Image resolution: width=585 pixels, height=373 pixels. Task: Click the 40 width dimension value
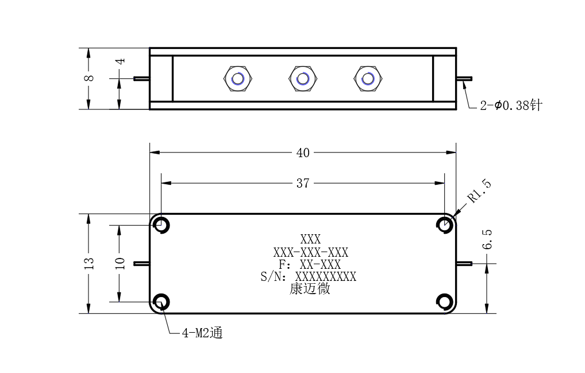pos(303,153)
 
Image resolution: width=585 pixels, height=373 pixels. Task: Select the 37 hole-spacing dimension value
pos(303,183)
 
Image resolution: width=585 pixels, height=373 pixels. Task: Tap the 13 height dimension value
pos(89,263)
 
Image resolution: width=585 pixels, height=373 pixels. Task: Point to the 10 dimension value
pos(120,263)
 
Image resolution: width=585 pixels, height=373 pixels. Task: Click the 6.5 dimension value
pos(487,239)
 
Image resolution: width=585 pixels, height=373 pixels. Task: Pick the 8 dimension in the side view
pos(89,78)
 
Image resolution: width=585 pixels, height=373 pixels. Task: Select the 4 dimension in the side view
pos(120,61)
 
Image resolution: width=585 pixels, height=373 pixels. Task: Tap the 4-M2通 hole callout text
pos(202,333)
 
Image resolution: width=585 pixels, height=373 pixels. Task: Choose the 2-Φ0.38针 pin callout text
pos(511,105)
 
